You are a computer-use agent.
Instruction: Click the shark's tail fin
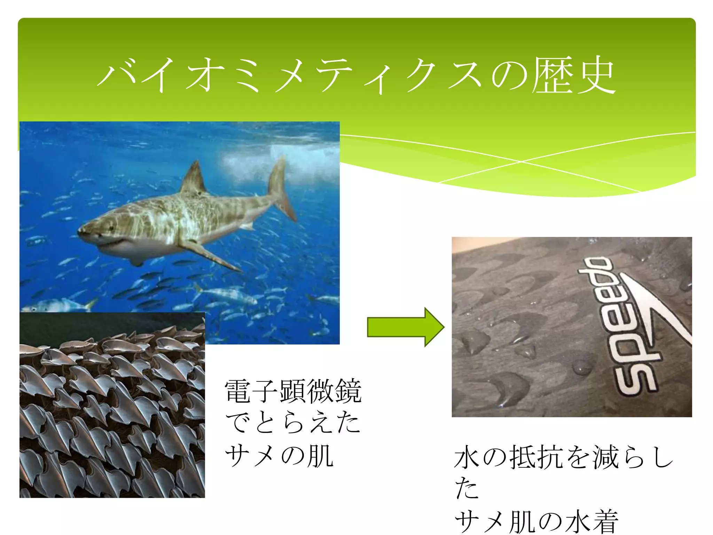point(280,188)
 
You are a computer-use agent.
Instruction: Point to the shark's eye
point(111,228)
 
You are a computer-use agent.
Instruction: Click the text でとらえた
point(292,423)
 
